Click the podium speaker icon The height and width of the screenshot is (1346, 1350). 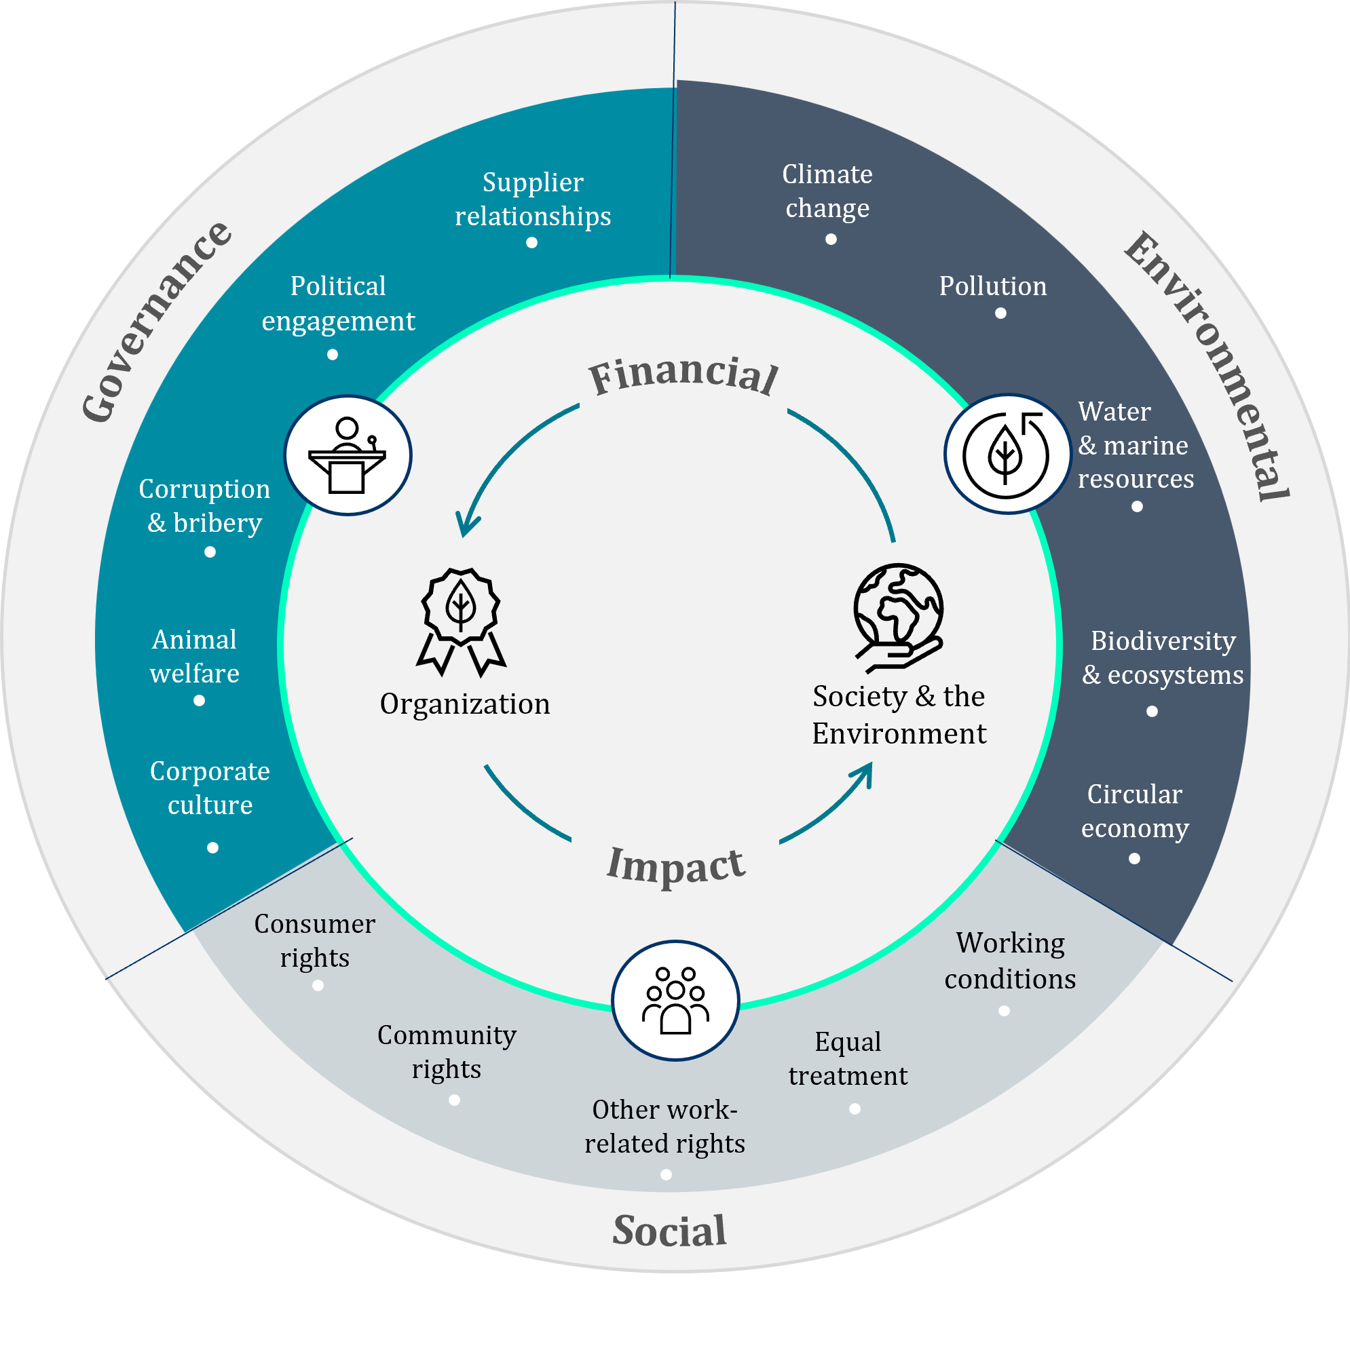[348, 455]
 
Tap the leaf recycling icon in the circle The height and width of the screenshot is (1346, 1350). [1006, 455]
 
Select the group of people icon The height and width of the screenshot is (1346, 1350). [675, 1000]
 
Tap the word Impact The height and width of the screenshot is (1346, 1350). [676, 866]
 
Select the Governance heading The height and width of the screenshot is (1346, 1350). [156, 321]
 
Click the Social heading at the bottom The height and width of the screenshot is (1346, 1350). [669, 1231]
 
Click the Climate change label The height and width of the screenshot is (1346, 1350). [827, 191]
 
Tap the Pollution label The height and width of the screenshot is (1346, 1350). [992, 286]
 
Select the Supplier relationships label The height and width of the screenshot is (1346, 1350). [532, 199]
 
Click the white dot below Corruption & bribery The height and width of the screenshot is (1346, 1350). [210, 552]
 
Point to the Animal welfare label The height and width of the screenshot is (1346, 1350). [194, 656]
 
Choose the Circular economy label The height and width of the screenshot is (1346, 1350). [1135, 811]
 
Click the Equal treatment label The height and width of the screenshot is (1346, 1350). [848, 1058]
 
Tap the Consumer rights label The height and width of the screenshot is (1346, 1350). [314, 940]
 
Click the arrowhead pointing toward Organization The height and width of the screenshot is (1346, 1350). [466, 527]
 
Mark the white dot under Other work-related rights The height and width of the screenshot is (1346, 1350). [666, 1175]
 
